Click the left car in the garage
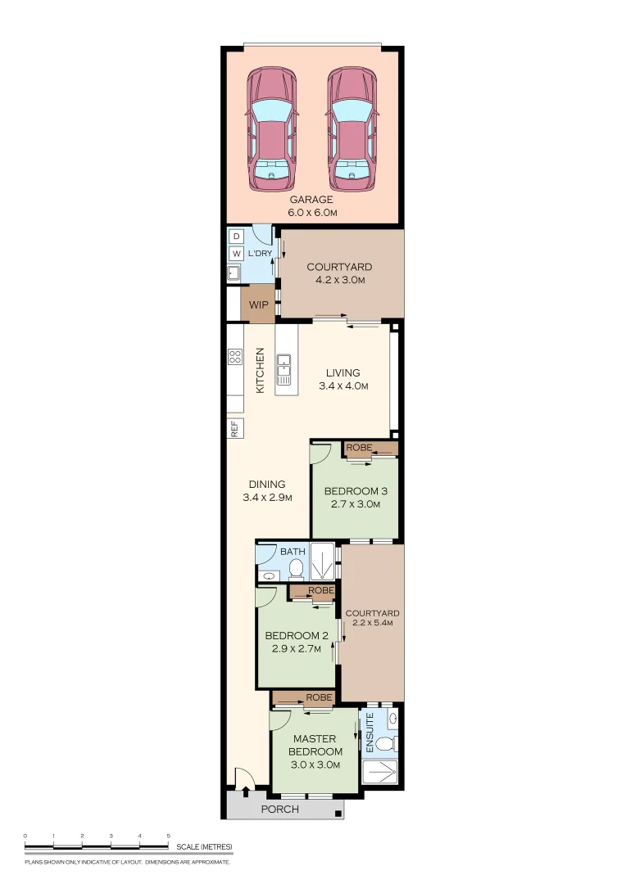tap(271, 129)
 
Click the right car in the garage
tap(352, 129)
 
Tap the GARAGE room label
tap(311, 200)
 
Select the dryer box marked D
tap(237, 237)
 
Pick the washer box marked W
tap(237, 254)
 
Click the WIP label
tap(259, 305)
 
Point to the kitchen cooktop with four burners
tap(235, 356)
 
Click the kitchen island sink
tap(284, 369)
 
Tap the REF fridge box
tap(235, 428)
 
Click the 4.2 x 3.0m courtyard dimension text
tap(340, 280)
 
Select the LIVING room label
tap(342, 372)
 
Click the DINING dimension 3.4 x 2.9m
tap(268, 498)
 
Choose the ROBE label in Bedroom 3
tap(359, 448)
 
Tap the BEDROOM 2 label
tap(297, 635)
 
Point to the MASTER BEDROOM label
tap(315, 745)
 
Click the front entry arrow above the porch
tap(246, 792)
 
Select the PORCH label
tap(280, 809)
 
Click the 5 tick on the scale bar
tap(168, 844)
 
